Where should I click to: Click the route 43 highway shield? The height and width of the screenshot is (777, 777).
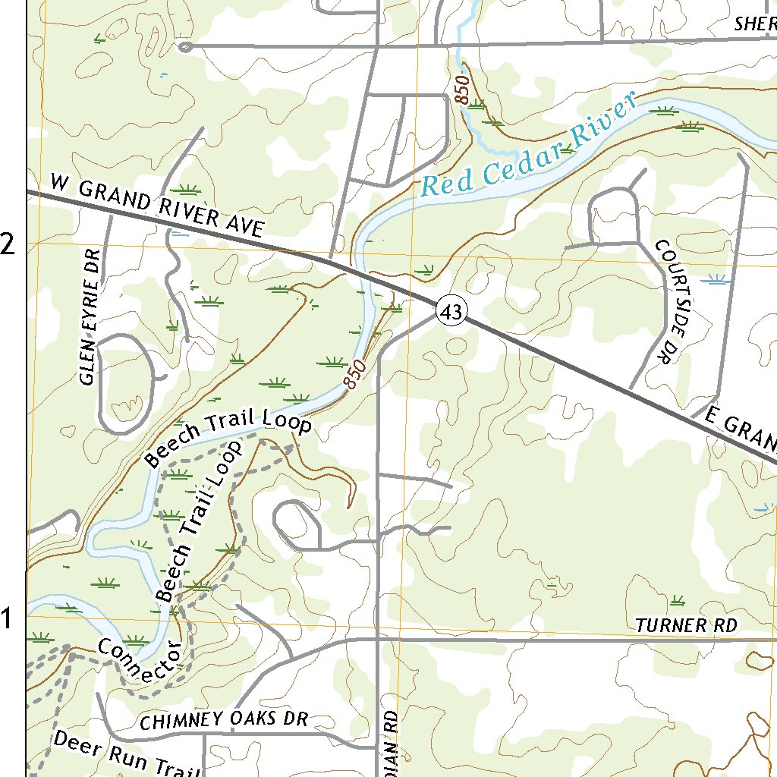451,312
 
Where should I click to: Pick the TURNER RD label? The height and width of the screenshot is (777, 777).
686,626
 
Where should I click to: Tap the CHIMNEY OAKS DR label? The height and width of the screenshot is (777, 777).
224,720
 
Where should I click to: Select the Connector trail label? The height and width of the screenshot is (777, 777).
140,659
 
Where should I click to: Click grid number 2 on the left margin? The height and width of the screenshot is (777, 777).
8,244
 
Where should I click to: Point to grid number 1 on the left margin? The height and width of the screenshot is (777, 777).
7,619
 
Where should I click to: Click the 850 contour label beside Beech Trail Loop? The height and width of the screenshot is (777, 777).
354,374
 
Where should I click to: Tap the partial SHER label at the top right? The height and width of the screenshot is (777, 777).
754,24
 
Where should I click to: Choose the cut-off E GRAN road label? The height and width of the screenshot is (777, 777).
740,429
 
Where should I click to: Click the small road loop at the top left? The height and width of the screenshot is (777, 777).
184,48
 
